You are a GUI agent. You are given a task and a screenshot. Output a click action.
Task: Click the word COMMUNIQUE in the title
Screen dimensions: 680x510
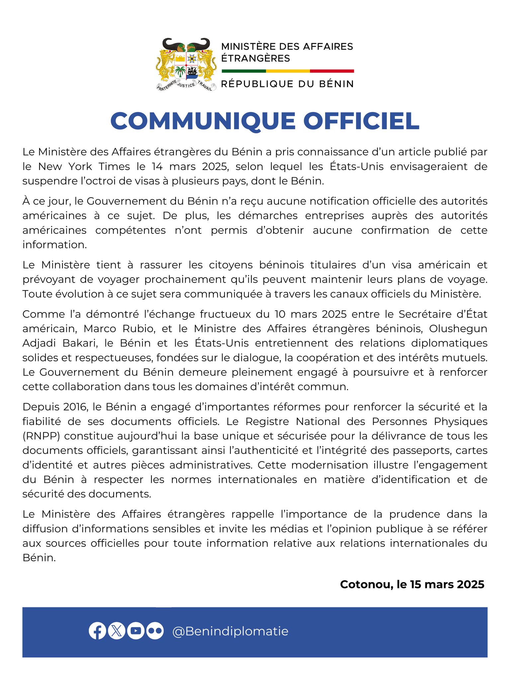point(203,121)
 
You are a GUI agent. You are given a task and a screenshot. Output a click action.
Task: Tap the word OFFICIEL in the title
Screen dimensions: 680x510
point(361,121)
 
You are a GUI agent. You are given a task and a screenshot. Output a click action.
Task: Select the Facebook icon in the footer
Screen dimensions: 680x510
point(97,631)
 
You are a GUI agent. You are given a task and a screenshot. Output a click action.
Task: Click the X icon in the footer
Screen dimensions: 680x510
point(117,631)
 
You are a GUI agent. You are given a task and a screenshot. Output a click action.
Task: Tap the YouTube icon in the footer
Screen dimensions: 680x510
point(136,631)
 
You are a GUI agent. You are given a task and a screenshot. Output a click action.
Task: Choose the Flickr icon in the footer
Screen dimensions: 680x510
point(155,631)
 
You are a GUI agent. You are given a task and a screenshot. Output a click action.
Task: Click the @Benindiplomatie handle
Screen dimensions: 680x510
point(230,631)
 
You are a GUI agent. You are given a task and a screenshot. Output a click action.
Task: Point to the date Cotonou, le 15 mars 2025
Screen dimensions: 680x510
point(412,584)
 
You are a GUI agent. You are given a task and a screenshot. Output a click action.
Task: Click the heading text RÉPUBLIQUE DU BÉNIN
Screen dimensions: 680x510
point(288,84)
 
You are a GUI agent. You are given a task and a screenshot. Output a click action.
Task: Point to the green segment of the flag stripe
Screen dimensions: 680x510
point(244,71)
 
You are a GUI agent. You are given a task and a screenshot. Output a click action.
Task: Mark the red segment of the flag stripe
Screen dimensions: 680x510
point(332,71)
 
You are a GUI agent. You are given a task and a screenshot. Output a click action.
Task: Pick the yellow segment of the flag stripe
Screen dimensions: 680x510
point(288,71)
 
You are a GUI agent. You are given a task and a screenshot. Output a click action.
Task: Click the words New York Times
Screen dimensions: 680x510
point(84,166)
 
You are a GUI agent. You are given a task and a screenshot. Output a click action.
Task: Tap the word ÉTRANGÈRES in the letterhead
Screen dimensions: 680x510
point(256,58)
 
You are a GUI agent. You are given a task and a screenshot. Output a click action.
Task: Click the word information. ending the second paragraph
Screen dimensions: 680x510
point(54,245)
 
